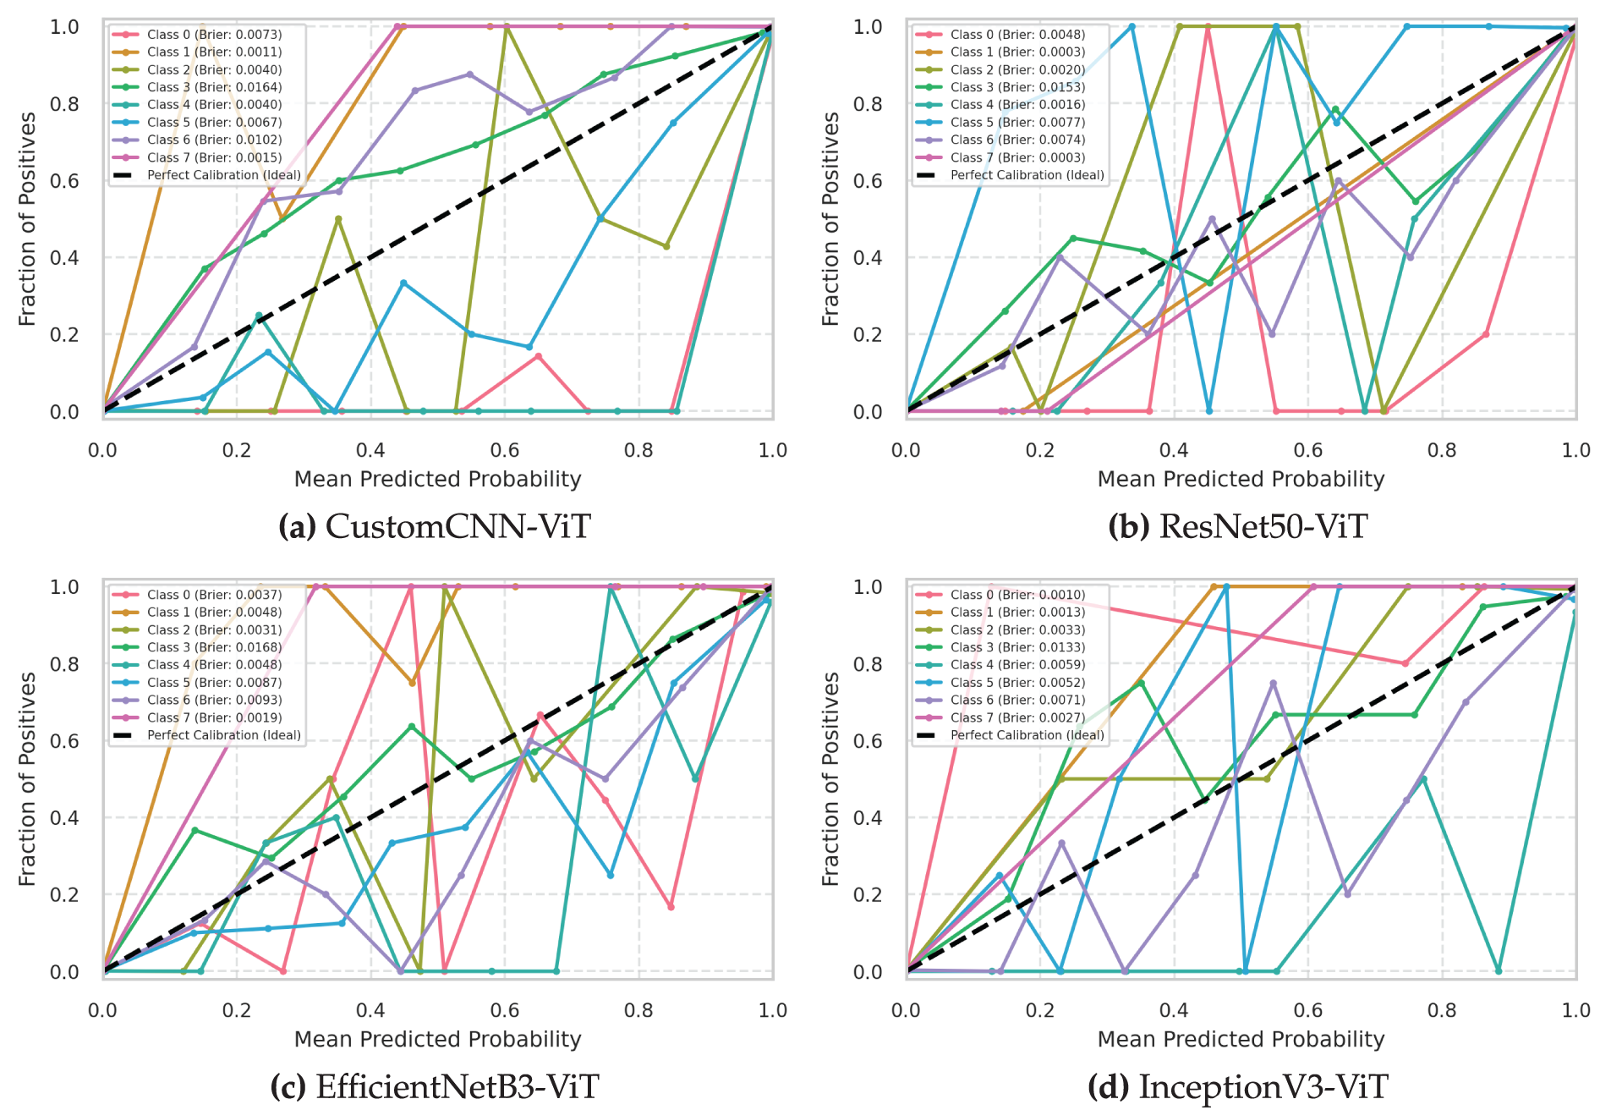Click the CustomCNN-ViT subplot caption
click(x=435, y=526)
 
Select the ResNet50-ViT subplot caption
click(x=1237, y=526)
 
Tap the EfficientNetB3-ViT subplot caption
click(x=435, y=1086)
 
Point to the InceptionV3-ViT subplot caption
click(x=1237, y=1086)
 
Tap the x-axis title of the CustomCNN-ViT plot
click(x=437, y=479)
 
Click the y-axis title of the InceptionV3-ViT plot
click(x=830, y=779)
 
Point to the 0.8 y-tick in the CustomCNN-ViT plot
click(x=64, y=104)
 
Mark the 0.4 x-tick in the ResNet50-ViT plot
click(x=1174, y=450)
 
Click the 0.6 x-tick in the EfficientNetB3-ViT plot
click(x=505, y=1010)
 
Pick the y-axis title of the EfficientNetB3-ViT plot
click(x=27, y=779)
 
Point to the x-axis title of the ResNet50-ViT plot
click(x=1241, y=479)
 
